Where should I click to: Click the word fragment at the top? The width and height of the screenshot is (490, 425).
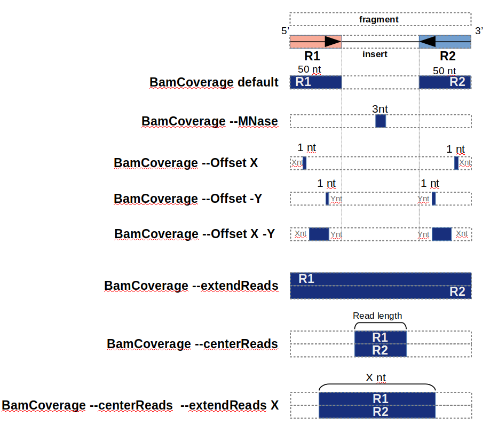pos(379,20)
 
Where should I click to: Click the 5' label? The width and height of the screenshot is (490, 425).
pos(285,31)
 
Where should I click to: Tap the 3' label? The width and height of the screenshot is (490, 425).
pos(479,30)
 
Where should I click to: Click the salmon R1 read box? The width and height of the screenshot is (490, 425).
pos(315,41)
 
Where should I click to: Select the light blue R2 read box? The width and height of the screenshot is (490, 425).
pos(445,41)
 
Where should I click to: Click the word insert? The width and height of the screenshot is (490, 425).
pos(375,54)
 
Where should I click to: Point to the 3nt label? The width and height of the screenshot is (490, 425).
pos(380,109)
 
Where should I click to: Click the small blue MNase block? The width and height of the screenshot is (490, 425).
pos(381,121)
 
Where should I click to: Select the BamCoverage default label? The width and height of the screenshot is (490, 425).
pos(214,82)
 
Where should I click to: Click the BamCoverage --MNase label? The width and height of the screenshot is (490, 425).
pos(210,121)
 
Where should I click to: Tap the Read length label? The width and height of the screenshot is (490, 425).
pos(377,316)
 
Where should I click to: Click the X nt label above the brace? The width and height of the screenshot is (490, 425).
pos(376,378)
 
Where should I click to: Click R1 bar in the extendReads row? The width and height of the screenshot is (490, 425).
pos(380,279)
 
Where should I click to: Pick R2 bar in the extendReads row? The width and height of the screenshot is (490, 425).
pos(380,292)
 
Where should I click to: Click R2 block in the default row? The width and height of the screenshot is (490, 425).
pos(445,82)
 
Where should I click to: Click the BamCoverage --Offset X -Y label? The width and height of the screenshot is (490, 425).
pos(194,234)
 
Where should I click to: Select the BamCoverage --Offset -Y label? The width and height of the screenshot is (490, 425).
pos(188,199)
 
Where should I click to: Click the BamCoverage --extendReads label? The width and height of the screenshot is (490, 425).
pos(191,286)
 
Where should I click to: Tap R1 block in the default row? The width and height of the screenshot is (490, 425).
pos(315,82)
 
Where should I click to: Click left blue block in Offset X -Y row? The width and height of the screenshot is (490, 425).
pos(319,234)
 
